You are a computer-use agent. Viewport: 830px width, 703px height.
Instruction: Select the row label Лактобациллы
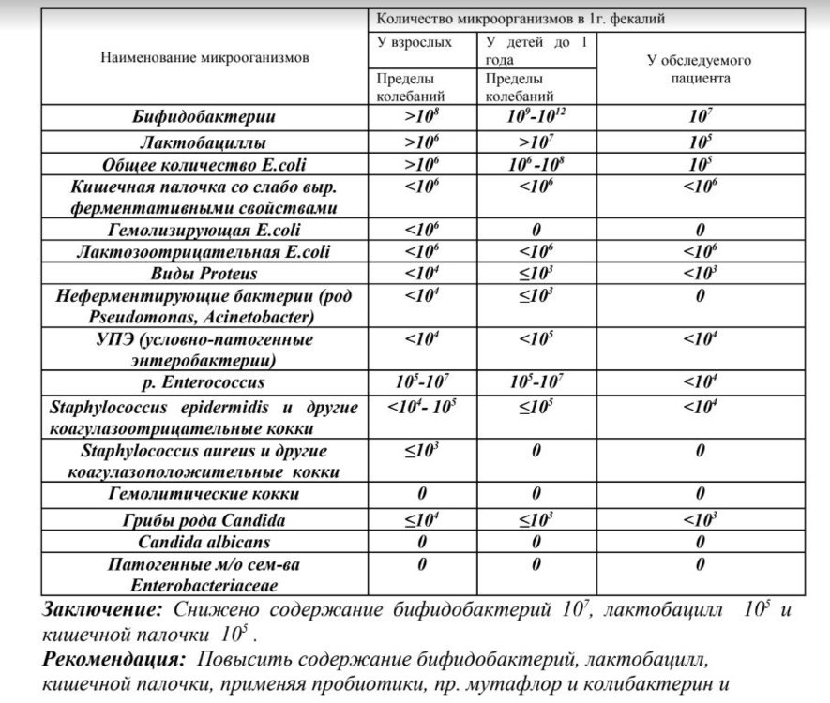(203, 143)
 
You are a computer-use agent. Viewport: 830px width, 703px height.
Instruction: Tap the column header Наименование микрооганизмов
(204, 57)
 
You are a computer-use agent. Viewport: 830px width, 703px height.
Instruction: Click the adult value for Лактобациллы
(420, 143)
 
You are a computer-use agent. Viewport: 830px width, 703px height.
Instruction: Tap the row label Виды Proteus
(204, 275)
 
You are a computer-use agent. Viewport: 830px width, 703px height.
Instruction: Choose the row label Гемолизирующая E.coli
(204, 230)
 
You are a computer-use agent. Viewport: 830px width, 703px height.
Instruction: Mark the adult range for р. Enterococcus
(420, 382)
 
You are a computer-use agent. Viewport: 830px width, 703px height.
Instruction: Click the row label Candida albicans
(204, 542)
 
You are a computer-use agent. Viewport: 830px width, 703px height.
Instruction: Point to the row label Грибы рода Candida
(204, 520)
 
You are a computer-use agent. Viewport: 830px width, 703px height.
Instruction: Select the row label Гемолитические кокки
(204, 494)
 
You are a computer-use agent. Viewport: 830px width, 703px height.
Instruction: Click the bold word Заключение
(101, 610)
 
